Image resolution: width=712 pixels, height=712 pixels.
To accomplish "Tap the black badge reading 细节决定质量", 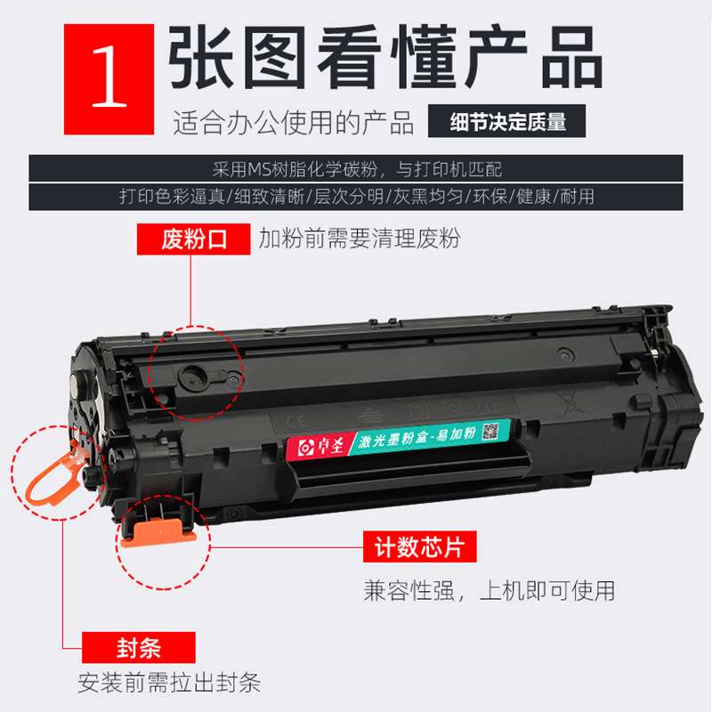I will (508, 122).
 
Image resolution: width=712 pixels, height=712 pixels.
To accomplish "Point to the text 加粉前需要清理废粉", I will (360, 239).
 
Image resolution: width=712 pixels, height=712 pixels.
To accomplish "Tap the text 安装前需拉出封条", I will (169, 684).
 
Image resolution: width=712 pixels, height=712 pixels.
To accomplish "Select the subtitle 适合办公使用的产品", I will (294, 123).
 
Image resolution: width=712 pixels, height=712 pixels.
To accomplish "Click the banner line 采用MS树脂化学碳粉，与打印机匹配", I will (356, 168).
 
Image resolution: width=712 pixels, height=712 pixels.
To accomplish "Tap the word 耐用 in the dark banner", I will (577, 195).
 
